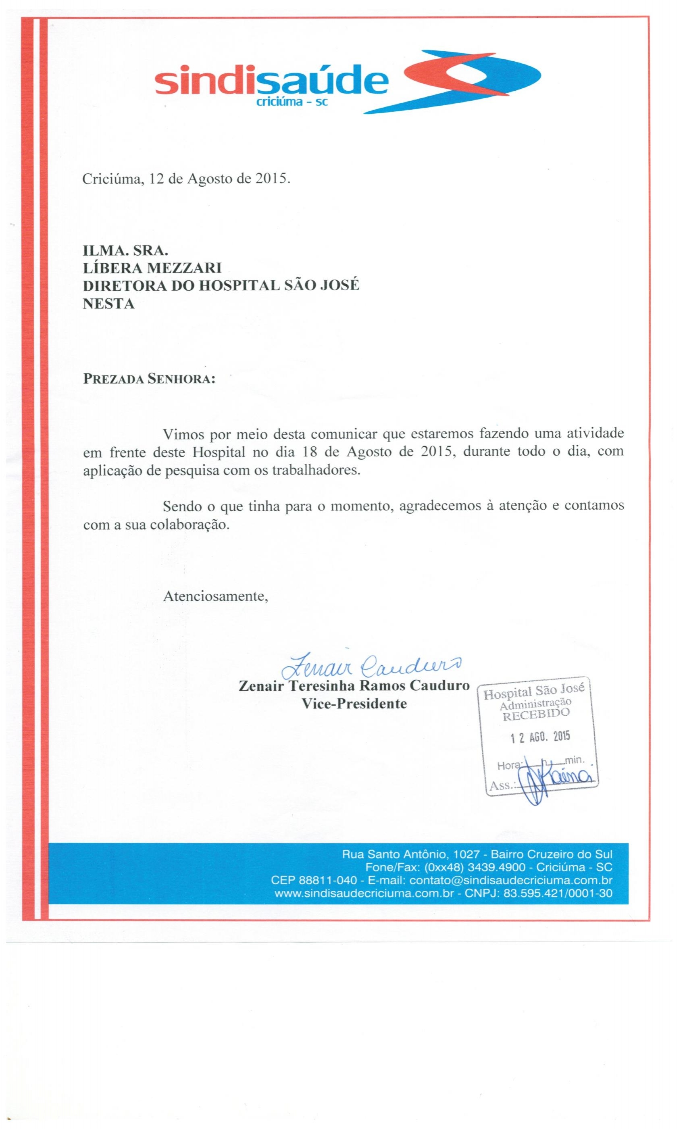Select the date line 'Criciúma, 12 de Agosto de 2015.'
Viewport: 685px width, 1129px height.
point(186,179)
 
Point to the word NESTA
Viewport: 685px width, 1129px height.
point(108,304)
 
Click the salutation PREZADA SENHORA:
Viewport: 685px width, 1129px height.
point(148,379)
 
